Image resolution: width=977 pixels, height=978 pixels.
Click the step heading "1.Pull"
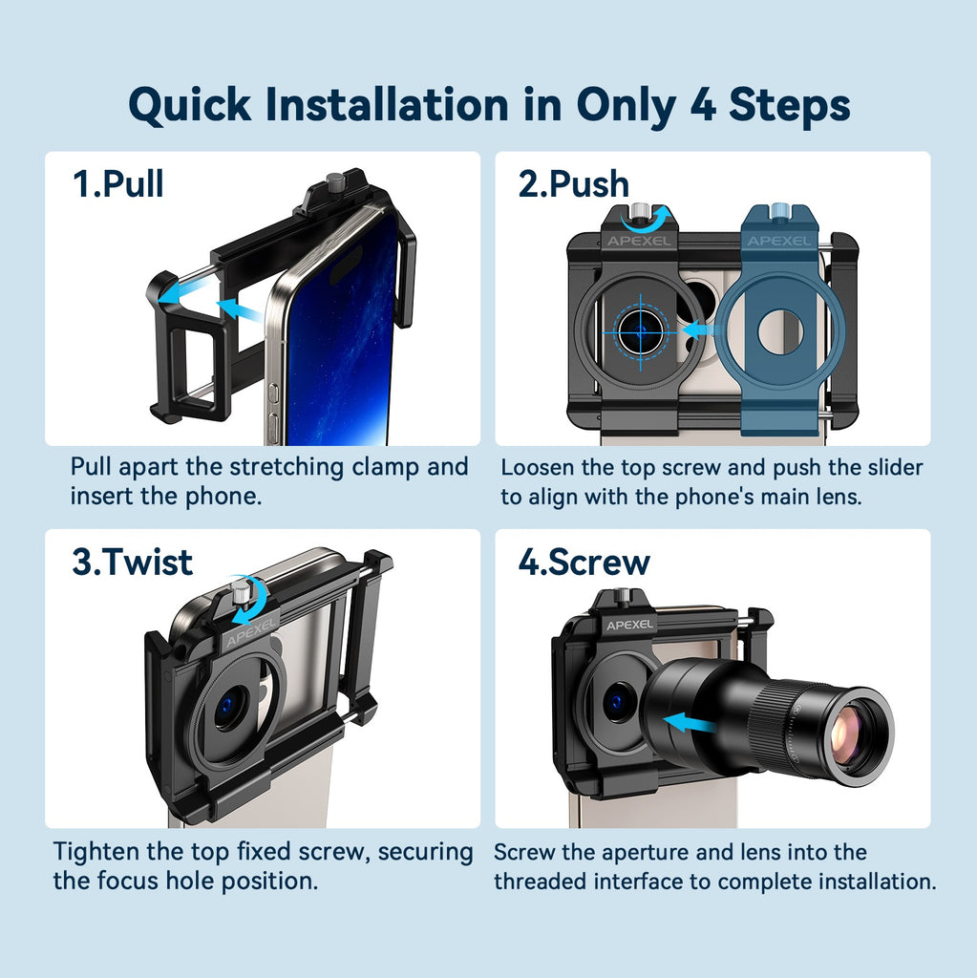pos(117,184)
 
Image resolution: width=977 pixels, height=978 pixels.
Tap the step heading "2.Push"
pos(573,184)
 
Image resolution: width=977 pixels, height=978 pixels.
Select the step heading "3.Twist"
pos(132,562)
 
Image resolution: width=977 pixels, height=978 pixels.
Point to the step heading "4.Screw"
pos(584,562)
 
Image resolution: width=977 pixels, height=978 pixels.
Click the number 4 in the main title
pos(703,104)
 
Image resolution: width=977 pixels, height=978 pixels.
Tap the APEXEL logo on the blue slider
pos(779,242)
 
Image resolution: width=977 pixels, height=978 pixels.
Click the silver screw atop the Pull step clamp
pos(335,181)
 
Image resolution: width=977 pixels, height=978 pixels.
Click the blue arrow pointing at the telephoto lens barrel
pos(690,725)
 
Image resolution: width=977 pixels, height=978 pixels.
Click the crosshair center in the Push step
pos(641,332)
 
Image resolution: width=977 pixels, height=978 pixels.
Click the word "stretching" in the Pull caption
pos(287,468)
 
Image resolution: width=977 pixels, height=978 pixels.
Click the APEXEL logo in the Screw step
pos(629,625)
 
